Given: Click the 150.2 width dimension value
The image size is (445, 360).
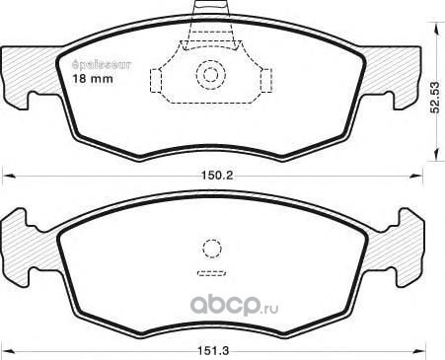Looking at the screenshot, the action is pyautogui.click(x=217, y=176).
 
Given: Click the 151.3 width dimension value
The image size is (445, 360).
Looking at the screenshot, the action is pyautogui.click(x=213, y=351).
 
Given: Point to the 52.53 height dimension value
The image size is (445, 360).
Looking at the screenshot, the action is pyautogui.click(x=435, y=98).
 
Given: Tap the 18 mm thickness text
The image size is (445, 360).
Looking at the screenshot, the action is pyautogui.click(x=93, y=79).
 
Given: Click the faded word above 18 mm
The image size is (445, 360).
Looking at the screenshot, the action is pyautogui.click(x=102, y=64).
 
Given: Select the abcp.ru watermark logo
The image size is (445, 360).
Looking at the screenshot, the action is pyautogui.click(x=235, y=306).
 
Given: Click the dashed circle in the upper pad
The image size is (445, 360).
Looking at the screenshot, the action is pyautogui.click(x=211, y=75).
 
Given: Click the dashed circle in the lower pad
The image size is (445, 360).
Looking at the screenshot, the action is pyautogui.click(x=212, y=249).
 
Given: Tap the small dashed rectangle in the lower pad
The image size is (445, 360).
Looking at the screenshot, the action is pyautogui.click(x=211, y=273).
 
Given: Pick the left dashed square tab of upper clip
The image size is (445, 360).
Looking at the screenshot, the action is pyautogui.click(x=156, y=81).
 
